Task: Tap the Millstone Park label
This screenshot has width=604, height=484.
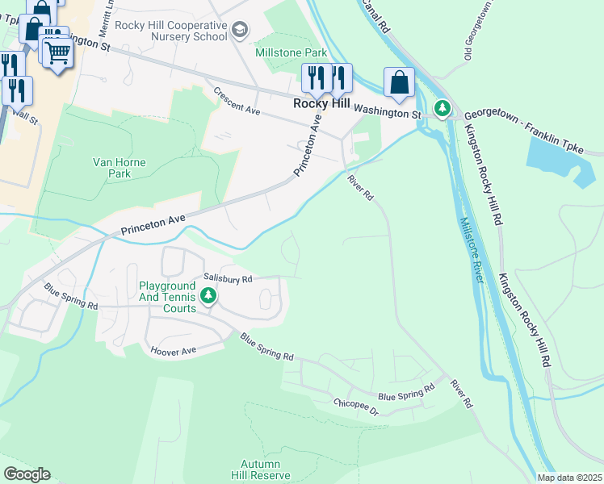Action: point(291,53)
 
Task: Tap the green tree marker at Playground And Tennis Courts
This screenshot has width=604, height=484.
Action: point(208,297)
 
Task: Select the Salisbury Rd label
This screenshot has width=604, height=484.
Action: point(228,278)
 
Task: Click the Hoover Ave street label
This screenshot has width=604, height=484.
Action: point(174,351)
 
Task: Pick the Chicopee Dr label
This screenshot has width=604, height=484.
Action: point(355,407)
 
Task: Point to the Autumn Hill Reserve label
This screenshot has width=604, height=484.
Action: point(259,469)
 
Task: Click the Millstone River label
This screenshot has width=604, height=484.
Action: point(472,250)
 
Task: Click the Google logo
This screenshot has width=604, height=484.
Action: point(26,474)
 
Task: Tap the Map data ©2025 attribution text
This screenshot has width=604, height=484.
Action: point(568,478)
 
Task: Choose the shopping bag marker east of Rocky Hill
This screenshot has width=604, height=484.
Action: point(399,82)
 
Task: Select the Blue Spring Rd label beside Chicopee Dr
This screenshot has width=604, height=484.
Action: point(405,396)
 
